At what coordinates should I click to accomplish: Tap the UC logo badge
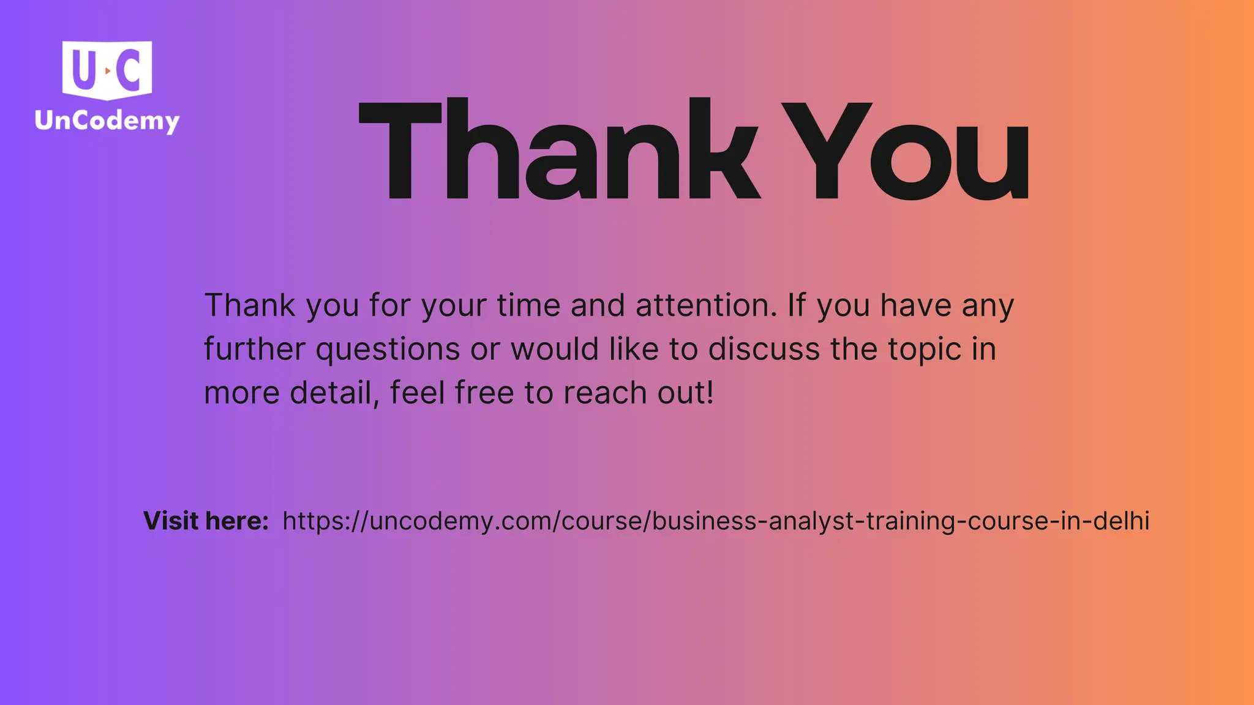click(107, 69)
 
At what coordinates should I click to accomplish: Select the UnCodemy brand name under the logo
click(107, 121)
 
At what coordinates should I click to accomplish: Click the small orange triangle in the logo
click(108, 71)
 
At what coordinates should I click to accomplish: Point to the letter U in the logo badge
click(84, 69)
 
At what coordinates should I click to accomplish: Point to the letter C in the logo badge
click(130, 69)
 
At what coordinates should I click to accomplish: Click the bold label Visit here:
click(206, 521)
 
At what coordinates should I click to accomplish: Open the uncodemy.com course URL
click(715, 521)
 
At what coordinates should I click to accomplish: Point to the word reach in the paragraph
click(605, 393)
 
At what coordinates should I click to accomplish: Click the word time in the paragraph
click(528, 305)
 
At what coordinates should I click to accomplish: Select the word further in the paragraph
click(254, 349)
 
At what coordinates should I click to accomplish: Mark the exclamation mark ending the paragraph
click(710, 393)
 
